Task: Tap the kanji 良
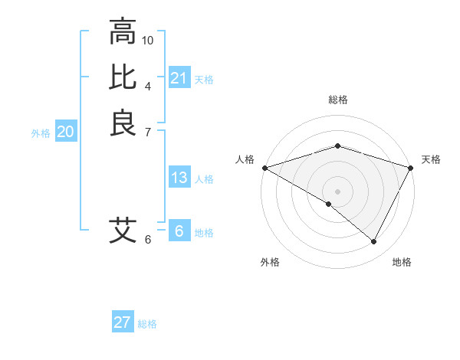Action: [x=123, y=123]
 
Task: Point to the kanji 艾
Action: [x=123, y=230]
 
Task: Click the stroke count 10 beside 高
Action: [x=148, y=39]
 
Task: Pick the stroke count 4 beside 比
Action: [x=147, y=85]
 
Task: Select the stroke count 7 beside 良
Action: [x=147, y=131]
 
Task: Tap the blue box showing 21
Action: [x=179, y=78]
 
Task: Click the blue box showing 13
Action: [x=179, y=178]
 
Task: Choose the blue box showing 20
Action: [x=66, y=132]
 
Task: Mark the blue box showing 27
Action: [x=123, y=322]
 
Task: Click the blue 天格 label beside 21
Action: [x=204, y=79]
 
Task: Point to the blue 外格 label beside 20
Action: [x=41, y=133]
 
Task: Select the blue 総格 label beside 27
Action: [x=147, y=323]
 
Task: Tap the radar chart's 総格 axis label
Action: [x=337, y=100]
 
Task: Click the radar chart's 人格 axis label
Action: [x=245, y=159]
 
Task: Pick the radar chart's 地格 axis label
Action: [x=402, y=262]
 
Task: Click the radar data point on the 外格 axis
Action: [x=329, y=204]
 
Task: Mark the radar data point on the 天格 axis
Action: [x=411, y=168]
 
